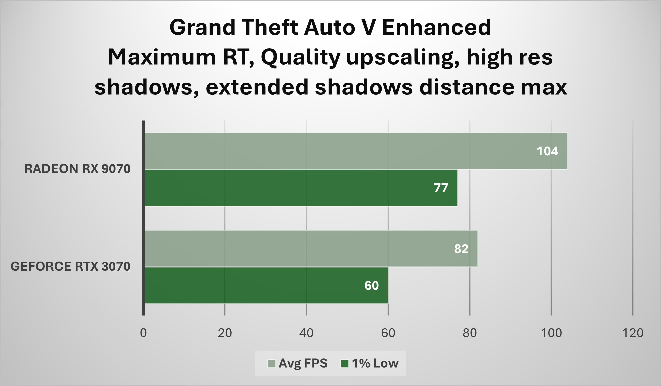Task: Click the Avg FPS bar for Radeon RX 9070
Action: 356,151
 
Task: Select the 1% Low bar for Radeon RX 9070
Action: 300,188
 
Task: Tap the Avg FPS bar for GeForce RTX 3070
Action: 311,249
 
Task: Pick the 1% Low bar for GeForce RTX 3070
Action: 266,285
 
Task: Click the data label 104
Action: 547,151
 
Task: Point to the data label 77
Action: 441,188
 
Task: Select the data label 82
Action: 461,249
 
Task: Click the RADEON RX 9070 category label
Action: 77,169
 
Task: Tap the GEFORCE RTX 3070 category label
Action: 70,267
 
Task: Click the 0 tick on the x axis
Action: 143,333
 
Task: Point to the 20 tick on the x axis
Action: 225,333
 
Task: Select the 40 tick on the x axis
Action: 306,333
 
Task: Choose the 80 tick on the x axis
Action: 470,333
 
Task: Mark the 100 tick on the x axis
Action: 551,333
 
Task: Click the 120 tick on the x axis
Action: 633,333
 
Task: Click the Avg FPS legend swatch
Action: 272,364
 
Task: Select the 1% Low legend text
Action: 375,363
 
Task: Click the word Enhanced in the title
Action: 436,27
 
